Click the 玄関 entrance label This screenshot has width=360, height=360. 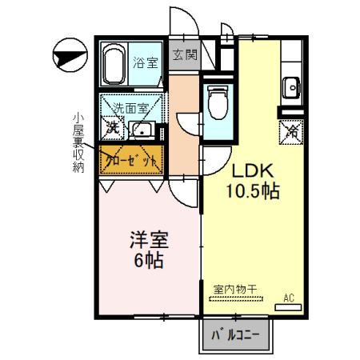pos(181,55)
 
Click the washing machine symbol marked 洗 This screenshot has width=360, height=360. pos(114,128)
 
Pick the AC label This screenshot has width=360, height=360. pos(289,298)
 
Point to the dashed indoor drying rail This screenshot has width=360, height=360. pos(240,298)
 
